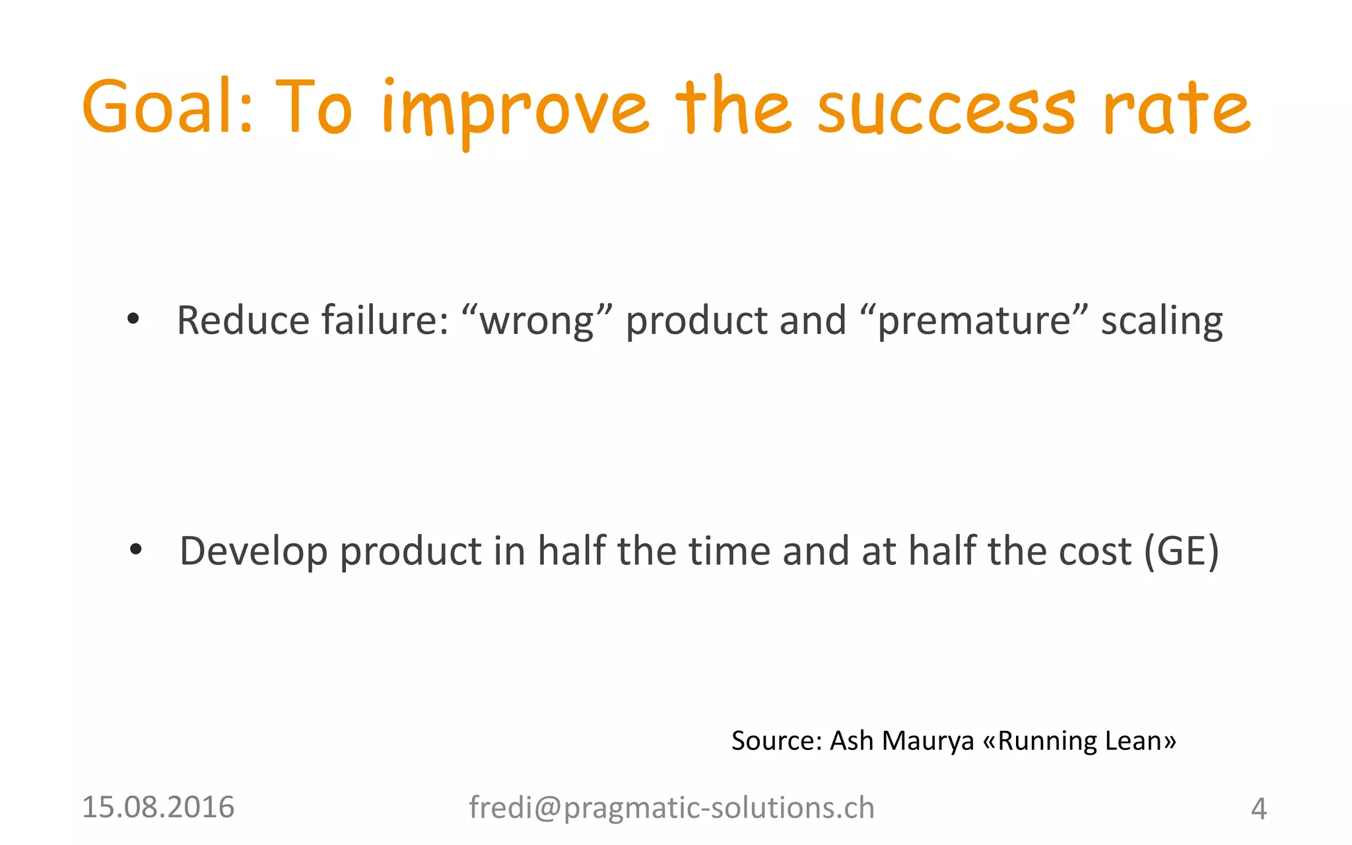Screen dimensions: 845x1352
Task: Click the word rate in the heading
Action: coord(1176,108)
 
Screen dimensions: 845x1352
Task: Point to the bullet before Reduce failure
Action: coord(133,320)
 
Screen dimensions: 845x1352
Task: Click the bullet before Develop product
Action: coord(136,549)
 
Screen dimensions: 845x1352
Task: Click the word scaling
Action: coord(1161,322)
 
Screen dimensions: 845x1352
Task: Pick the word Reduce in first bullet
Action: coord(243,321)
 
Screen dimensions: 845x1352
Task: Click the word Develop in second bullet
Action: coord(253,552)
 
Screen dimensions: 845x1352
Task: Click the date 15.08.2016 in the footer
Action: coord(158,807)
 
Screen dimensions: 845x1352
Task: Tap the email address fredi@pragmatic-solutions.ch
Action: coord(671,808)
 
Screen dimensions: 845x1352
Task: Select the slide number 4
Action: coord(1258,809)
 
